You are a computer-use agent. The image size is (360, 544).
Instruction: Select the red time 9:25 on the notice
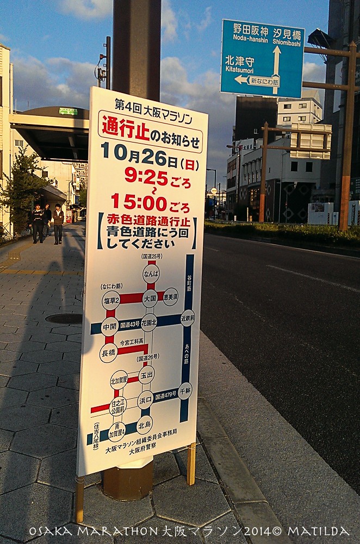146,175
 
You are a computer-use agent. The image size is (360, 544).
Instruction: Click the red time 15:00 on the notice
139,202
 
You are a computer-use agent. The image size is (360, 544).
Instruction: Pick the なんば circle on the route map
151,273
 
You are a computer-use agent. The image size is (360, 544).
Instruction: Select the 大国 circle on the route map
150,298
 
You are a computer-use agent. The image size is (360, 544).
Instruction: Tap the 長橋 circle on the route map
108,353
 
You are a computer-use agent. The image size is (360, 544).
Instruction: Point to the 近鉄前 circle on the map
188,318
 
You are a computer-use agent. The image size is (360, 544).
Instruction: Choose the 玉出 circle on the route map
146,375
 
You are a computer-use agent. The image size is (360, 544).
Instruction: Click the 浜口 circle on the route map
145,399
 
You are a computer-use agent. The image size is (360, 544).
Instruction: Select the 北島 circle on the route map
144,424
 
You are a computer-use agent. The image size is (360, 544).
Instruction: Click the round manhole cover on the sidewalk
64,318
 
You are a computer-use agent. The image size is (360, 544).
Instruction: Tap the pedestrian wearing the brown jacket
58,223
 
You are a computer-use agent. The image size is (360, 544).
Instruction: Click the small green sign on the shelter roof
69,111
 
